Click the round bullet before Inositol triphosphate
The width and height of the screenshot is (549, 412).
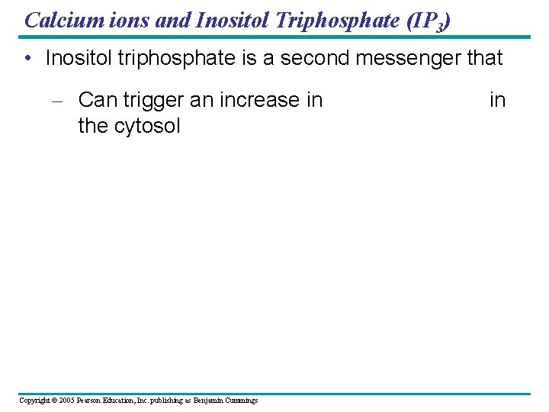pyautogui.click(x=27, y=59)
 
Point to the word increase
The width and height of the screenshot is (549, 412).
pyautogui.click(x=260, y=100)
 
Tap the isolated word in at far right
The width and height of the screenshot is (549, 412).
pyautogui.click(x=497, y=100)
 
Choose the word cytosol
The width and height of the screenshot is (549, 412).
pyautogui.click(x=149, y=126)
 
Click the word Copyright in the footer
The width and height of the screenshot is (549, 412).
pyautogui.click(x=35, y=401)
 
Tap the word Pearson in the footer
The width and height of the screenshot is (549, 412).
pyautogui.click(x=95, y=401)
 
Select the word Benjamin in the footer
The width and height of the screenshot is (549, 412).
pyautogui.click(x=208, y=401)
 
